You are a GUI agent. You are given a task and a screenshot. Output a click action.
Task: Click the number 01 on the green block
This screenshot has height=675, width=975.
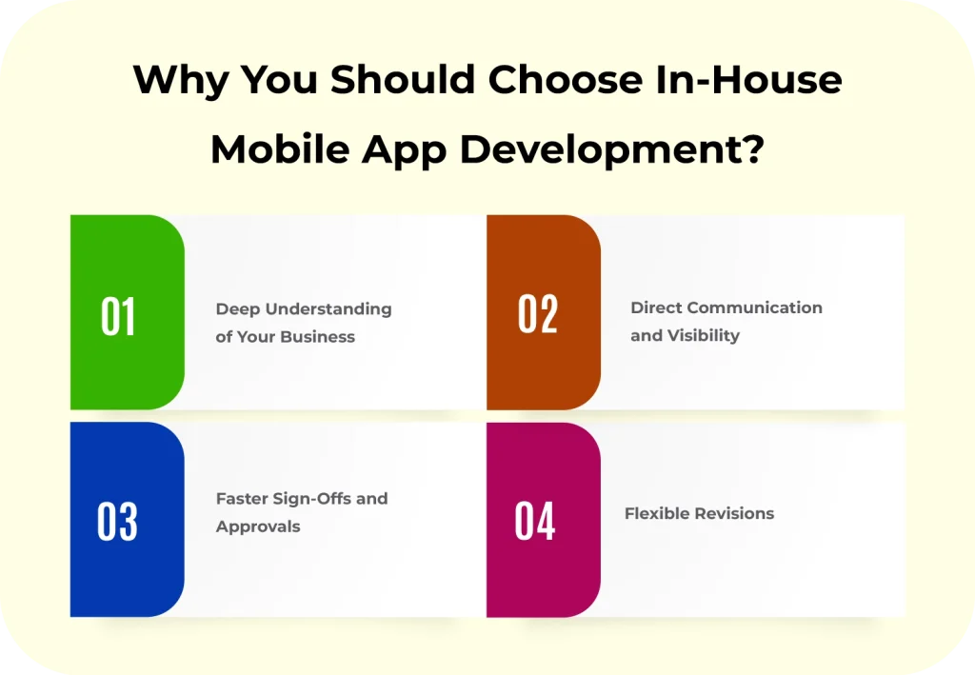pyautogui.click(x=118, y=317)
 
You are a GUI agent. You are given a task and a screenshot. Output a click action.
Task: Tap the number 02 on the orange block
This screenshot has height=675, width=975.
pyautogui.click(x=537, y=314)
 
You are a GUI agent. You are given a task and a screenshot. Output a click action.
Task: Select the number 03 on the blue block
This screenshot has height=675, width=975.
pyautogui.click(x=117, y=522)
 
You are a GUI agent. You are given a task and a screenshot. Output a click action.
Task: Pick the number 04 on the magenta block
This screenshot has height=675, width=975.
pyautogui.click(x=534, y=522)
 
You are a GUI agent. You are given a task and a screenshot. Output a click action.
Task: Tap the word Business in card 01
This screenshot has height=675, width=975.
pyautogui.click(x=319, y=336)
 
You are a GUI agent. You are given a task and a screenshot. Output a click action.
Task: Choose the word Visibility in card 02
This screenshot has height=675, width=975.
pyautogui.click(x=703, y=335)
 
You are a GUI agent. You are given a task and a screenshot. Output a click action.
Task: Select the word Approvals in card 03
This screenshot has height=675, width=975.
pyautogui.click(x=258, y=526)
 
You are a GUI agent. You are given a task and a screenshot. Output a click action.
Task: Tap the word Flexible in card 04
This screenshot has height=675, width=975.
pyautogui.click(x=655, y=513)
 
